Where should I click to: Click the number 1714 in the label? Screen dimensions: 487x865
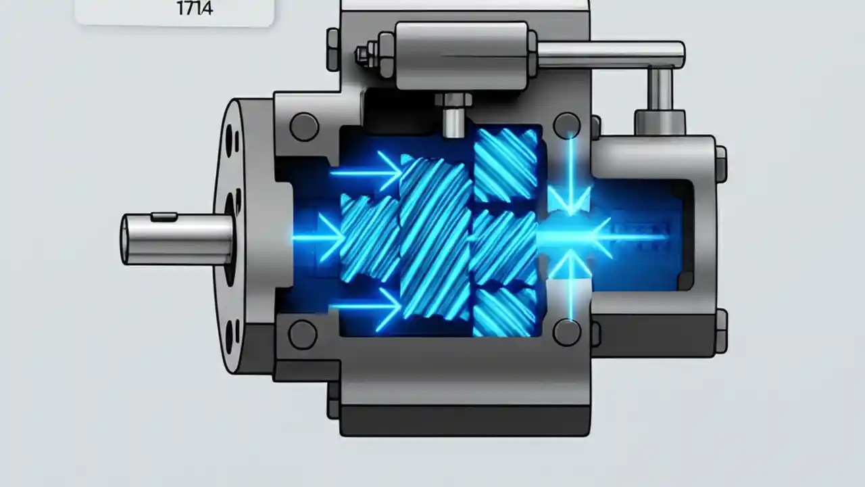(x=195, y=9)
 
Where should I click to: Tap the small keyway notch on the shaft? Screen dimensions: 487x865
(x=164, y=217)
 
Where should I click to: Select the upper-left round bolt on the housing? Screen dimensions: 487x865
(x=303, y=126)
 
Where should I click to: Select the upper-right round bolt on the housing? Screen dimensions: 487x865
(x=566, y=126)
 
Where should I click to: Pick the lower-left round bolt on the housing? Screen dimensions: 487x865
(x=302, y=334)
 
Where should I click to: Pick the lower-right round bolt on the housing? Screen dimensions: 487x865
(x=566, y=332)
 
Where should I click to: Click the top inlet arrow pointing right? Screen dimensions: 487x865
(x=368, y=172)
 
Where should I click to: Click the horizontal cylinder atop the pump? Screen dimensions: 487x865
(x=461, y=55)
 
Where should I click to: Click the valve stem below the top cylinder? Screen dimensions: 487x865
(x=453, y=115)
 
